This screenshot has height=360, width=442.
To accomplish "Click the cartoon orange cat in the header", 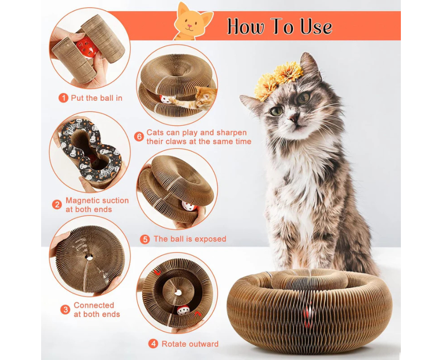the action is (192, 22).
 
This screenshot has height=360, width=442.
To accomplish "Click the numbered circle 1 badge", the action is (63, 98).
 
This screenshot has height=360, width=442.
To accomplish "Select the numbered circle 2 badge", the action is (57, 205).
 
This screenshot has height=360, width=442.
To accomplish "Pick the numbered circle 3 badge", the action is (65, 310).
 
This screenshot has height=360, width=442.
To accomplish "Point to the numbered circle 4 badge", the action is (153, 344).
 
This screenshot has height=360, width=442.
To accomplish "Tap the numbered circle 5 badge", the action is (145, 239).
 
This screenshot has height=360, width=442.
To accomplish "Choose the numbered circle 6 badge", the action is (139, 137).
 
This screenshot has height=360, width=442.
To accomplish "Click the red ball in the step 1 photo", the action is (85, 45).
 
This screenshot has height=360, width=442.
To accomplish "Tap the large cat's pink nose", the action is (294, 117).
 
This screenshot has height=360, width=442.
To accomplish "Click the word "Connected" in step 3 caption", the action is (94, 305).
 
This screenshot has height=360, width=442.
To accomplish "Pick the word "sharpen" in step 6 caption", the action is (231, 133).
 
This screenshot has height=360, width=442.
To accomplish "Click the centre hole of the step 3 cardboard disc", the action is (89, 257).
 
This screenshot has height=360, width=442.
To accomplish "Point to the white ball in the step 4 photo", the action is (183, 310).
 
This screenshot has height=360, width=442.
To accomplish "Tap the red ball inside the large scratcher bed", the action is (308, 314).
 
